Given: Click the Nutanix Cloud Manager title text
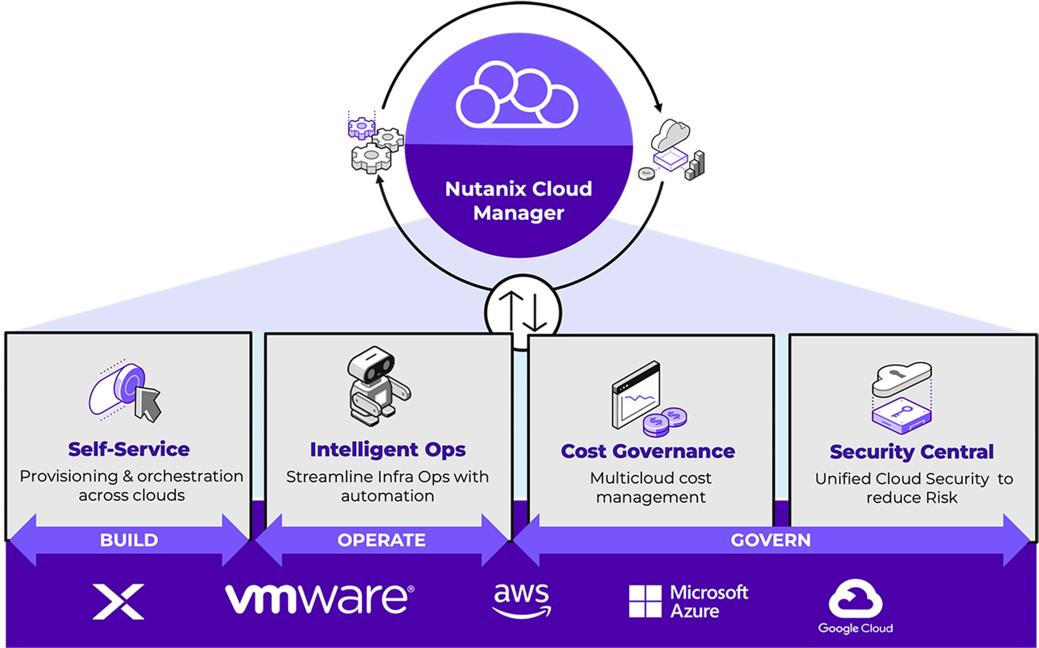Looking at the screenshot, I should [518, 201].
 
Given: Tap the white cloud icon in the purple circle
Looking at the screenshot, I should [517, 95].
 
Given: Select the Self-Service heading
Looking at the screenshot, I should [129, 449].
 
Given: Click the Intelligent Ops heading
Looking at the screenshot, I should [388, 450].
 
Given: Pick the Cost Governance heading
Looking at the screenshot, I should [648, 451].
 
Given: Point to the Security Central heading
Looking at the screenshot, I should [911, 452].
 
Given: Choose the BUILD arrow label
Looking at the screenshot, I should [129, 540].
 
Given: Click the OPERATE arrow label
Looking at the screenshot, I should [381, 540].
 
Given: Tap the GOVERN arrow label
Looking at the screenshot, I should [770, 540].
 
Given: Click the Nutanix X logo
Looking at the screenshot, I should [119, 602].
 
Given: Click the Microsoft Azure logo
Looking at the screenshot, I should [689, 601].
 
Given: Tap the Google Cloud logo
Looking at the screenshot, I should [856, 606].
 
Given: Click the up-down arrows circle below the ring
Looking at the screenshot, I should [523, 312].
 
